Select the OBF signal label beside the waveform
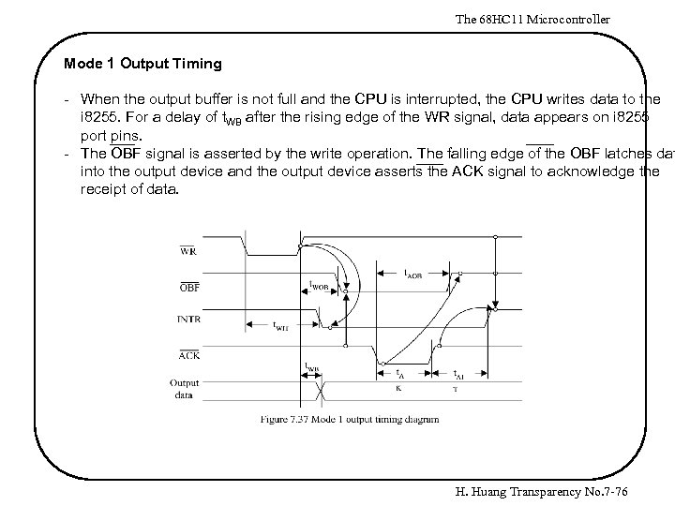tap(188, 287)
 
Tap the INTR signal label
tap(187, 320)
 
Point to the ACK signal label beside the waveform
tap(187, 354)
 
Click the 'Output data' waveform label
tap(184, 388)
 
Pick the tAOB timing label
tap(412, 274)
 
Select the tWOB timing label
tap(318, 285)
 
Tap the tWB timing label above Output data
tap(312, 367)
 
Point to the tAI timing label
tap(458, 372)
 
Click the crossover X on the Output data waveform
tap(324, 387)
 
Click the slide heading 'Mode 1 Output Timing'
tap(142, 64)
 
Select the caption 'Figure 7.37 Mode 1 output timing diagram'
tap(349, 419)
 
